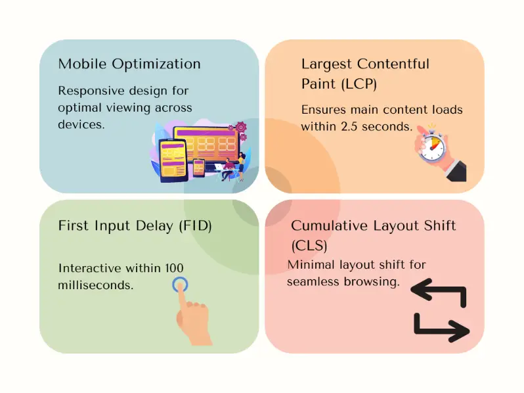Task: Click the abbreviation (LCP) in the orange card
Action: click(357, 84)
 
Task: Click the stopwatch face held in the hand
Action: click(431, 146)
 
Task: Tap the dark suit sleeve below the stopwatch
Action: click(454, 170)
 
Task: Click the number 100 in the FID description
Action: click(174, 268)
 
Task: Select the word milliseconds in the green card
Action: click(96, 285)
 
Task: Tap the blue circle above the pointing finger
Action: click(182, 285)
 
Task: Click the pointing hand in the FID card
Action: click(192, 319)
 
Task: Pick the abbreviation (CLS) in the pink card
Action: click(309, 246)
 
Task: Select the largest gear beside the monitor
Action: click(241, 126)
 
